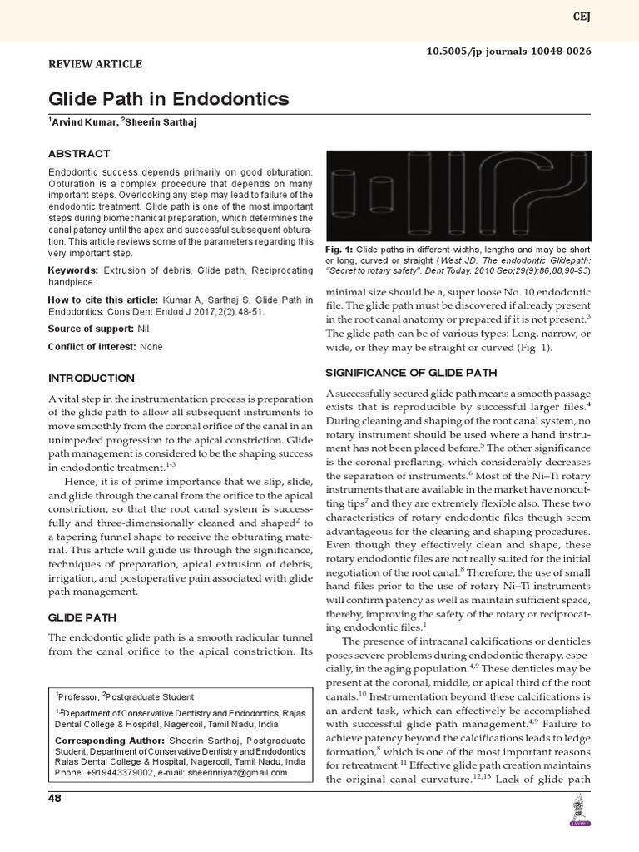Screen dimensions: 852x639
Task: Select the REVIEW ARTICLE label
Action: coord(94,64)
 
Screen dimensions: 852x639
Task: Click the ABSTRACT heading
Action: coord(78,154)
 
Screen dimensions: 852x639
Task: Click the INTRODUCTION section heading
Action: coord(91,378)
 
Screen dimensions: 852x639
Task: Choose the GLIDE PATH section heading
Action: coord(82,617)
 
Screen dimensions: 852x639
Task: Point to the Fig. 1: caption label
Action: coord(340,248)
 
